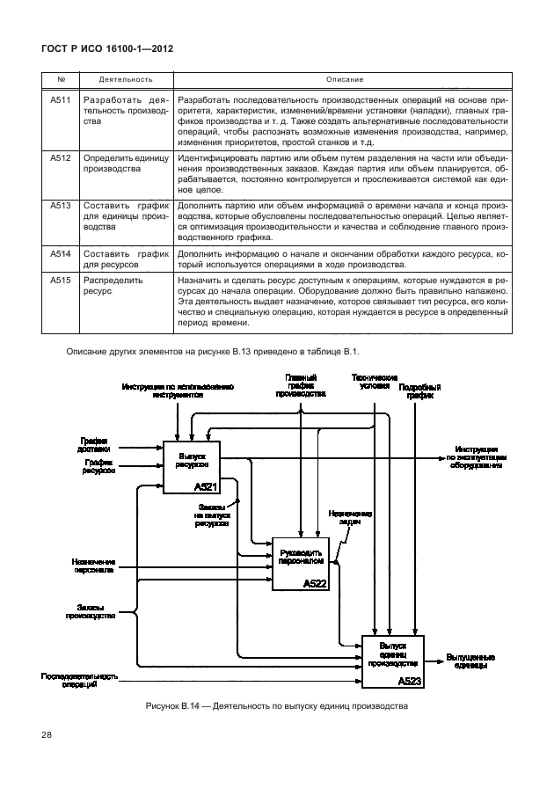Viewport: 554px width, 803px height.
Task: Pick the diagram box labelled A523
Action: click(x=392, y=661)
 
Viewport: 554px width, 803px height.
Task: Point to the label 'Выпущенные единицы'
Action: click(x=470, y=661)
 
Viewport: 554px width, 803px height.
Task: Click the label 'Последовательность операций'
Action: click(x=79, y=681)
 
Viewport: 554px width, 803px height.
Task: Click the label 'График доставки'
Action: click(x=95, y=443)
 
